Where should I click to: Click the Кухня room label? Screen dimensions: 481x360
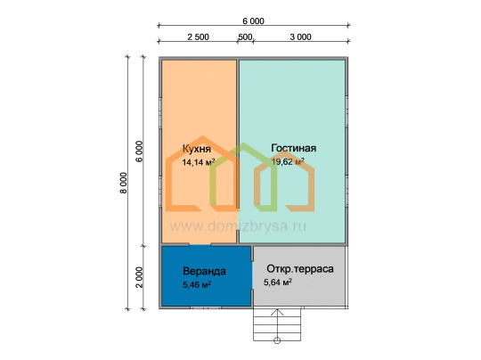[197, 149]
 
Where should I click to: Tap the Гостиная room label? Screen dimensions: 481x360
[294, 148]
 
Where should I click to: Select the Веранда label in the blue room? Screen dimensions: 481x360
[204, 271]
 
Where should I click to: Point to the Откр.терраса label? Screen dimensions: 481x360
[300, 269]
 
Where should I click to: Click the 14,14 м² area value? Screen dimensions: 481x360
[198, 162]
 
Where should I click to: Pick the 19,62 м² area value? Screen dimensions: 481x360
[288, 161]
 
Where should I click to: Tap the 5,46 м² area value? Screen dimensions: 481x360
[197, 284]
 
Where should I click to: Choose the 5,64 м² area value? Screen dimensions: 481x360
[278, 282]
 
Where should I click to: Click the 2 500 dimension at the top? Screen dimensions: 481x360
[198, 37]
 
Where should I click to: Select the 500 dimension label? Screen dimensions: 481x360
[245, 37]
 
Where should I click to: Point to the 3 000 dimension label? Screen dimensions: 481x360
[301, 37]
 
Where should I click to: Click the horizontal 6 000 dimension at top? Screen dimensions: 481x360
[253, 21]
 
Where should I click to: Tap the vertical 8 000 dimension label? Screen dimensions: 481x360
[123, 183]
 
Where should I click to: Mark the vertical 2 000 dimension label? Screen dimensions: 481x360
[140, 277]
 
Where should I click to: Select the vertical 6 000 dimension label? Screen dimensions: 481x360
[140, 151]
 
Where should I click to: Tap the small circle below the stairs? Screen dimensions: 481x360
[277, 340]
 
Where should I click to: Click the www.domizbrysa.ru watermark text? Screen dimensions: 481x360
[238, 226]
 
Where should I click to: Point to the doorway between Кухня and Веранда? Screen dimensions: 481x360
[200, 245]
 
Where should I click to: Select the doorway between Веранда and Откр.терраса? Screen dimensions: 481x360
[252, 275]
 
